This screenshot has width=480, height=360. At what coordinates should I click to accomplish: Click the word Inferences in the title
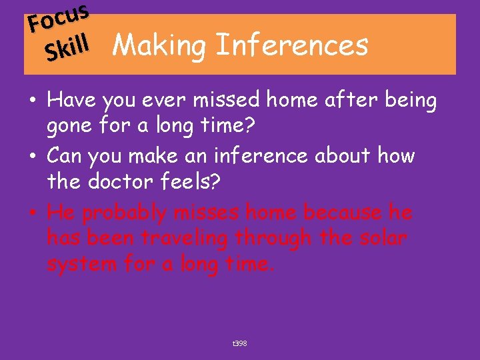pyautogui.click(x=292, y=45)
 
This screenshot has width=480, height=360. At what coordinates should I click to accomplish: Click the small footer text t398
pyautogui.click(x=239, y=343)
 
